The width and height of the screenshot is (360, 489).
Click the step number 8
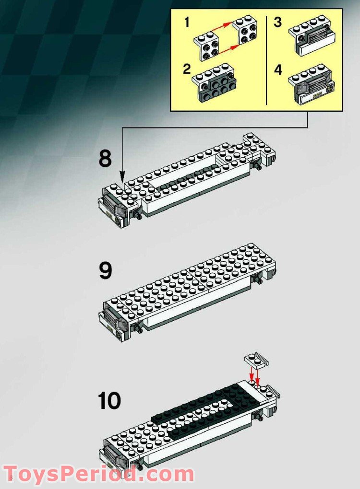[x=105, y=158]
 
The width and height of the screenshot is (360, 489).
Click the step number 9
[x=105, y=270]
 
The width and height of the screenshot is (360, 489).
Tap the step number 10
[x=109, y=401]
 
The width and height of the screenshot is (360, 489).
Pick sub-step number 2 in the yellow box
[x=187, y=68]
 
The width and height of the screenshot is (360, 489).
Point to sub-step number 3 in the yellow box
[x=278, y=23]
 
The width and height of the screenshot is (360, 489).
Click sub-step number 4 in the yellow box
[x=278, y=70]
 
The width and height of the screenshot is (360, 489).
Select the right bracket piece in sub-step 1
[x=245, y=32]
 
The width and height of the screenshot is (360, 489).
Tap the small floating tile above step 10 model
[x=256, y=360]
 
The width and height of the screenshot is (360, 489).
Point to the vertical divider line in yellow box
[x=267, y=60]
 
